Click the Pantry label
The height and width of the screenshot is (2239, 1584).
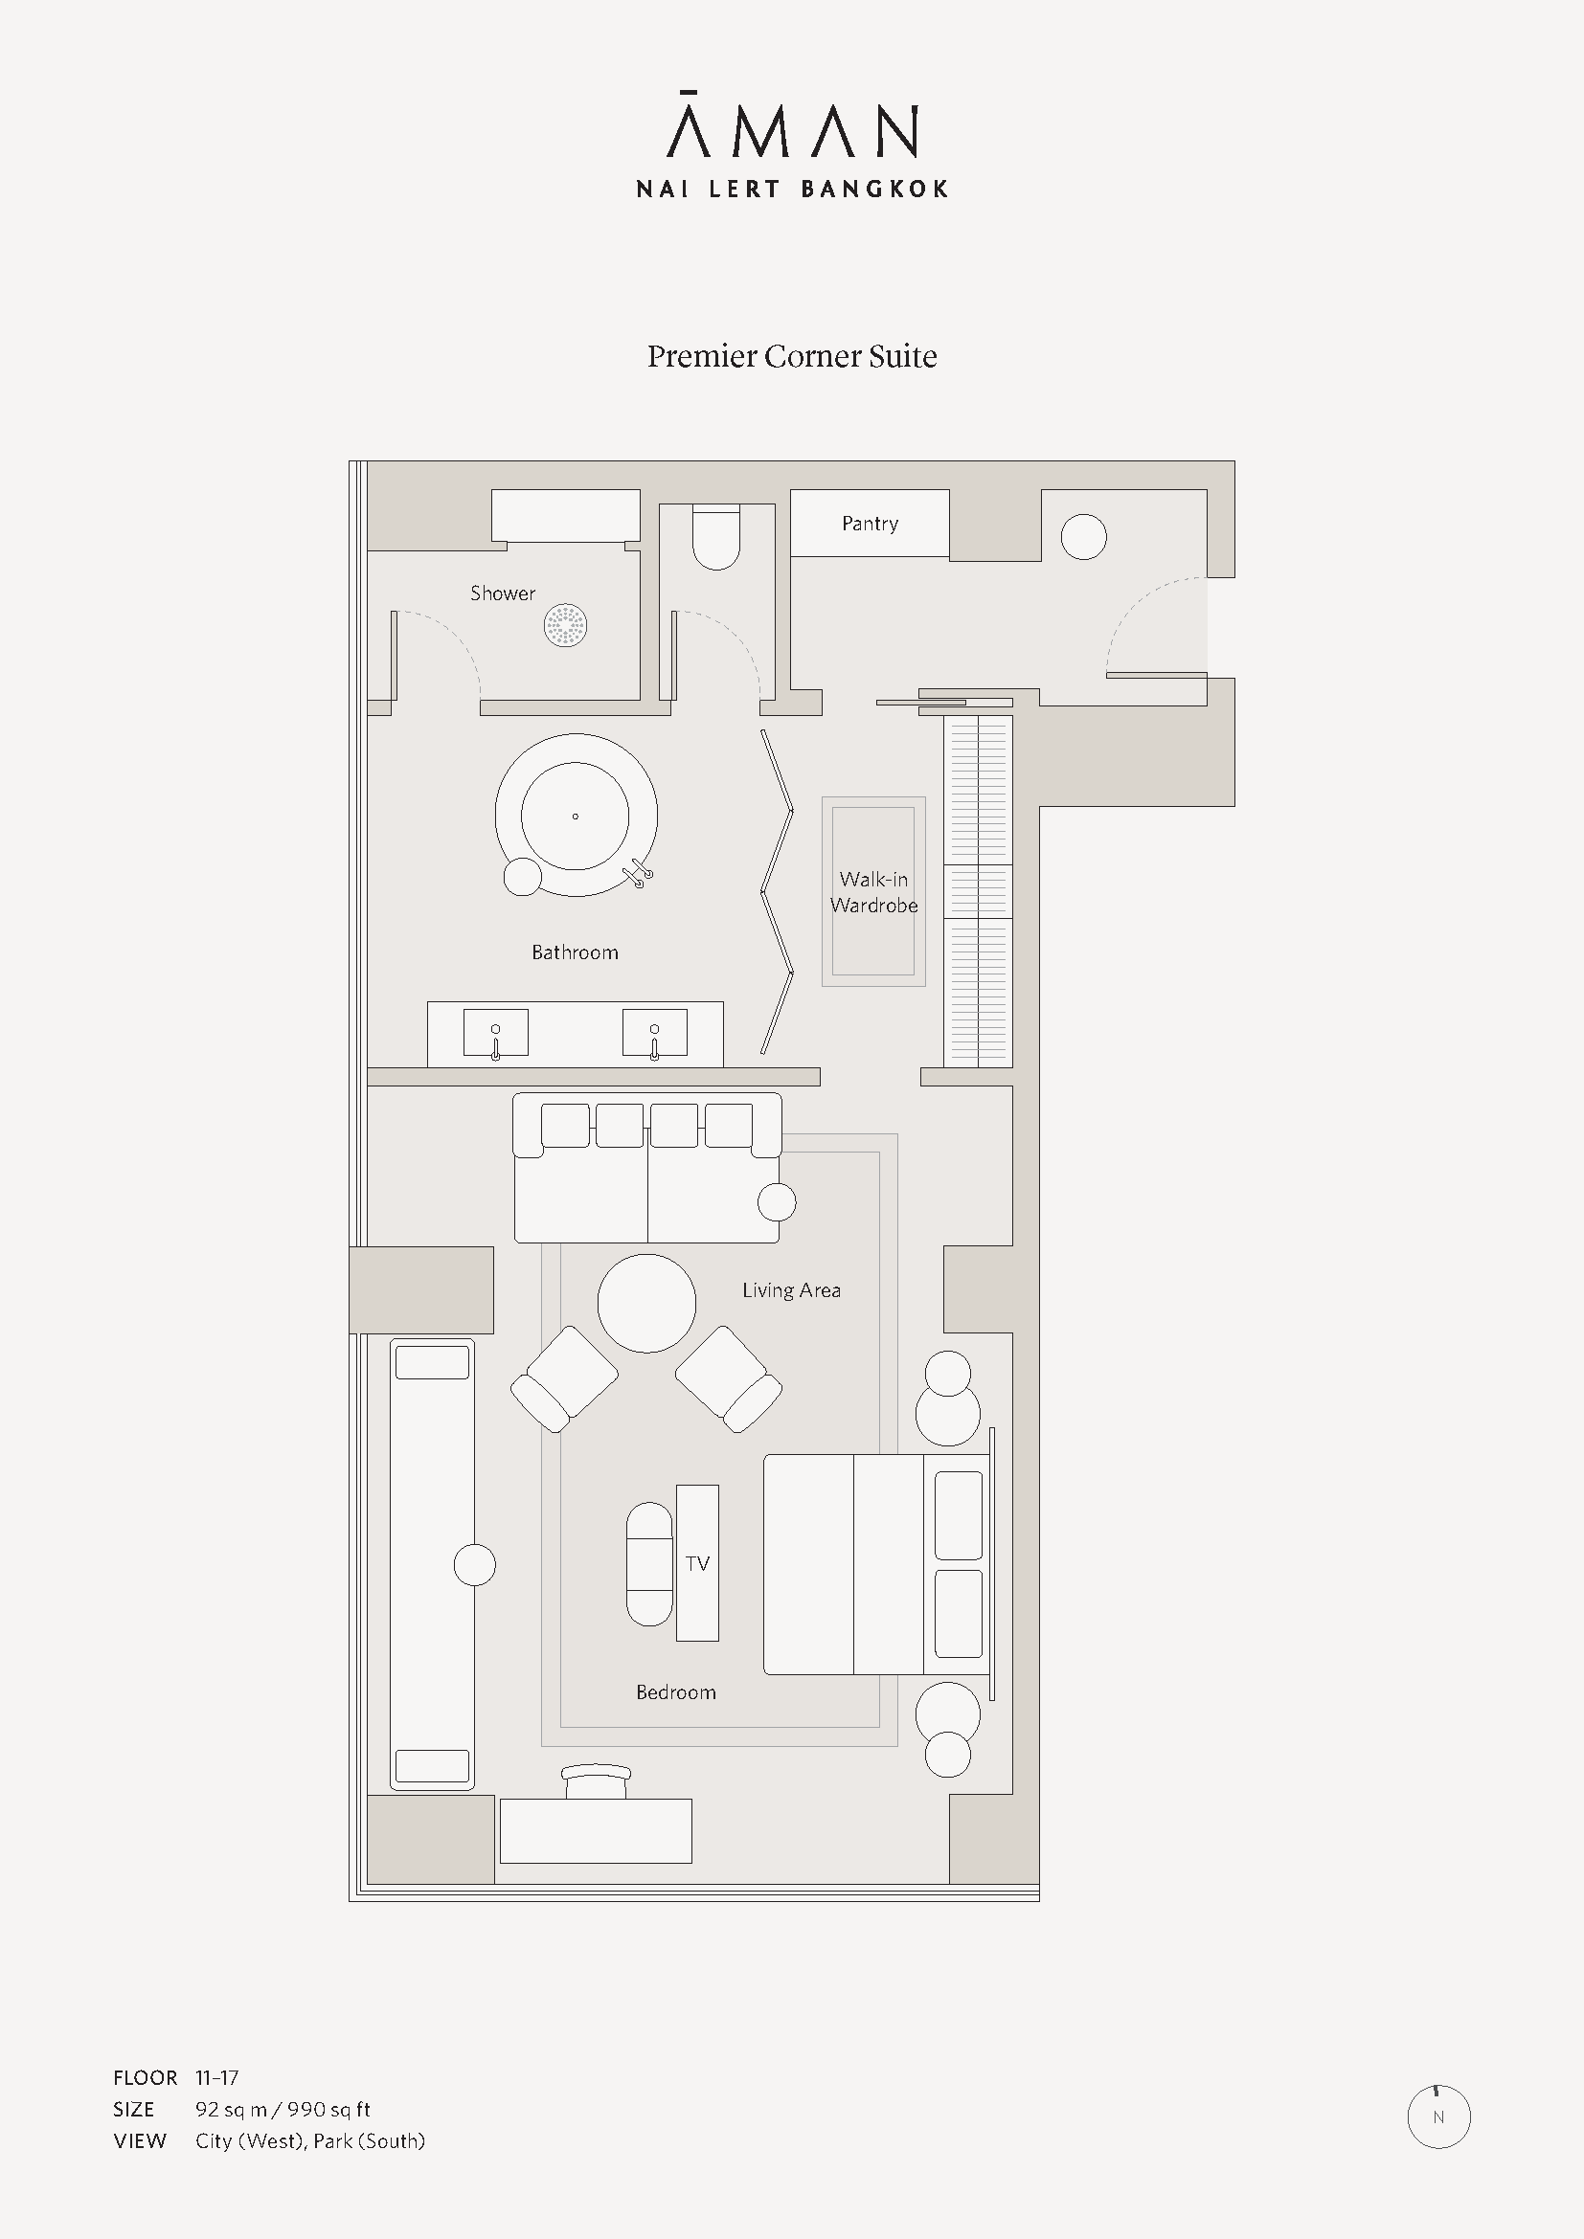point(870,524)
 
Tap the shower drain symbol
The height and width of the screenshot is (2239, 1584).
point(566,625)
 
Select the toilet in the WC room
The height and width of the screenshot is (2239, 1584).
point(716,537)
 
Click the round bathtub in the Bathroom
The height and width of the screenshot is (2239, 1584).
point(576,816)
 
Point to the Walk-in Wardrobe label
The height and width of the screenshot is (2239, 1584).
point(874,892)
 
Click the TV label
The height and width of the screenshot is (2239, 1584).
point(697,1564)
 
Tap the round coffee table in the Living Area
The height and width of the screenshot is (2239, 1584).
point(646,1303)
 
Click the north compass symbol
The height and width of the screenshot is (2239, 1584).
point(1438,2117)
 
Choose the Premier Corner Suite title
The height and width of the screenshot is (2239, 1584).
point(792,357)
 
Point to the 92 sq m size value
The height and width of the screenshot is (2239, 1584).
point(231,2110)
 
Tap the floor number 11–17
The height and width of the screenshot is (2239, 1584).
point(216,2078)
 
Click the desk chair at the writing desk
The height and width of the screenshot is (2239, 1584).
point(597,1781)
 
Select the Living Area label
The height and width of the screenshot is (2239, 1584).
point(791,1290)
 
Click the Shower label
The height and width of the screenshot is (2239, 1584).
point(503,593)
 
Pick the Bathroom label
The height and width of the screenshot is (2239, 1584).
point(575,952)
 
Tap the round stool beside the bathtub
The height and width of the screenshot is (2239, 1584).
point(523,877)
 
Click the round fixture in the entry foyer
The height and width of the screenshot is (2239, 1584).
point(1084,536)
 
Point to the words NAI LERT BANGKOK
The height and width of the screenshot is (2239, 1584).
point(792,190)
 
